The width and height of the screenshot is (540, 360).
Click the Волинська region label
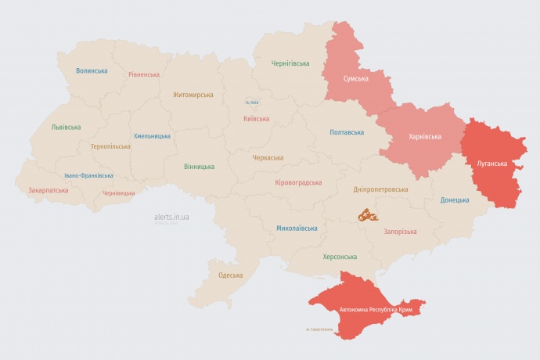(92, 70)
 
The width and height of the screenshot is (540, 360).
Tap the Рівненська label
(144, 74)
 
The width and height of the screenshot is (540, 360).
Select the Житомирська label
(193, 95)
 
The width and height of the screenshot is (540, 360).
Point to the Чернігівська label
(290, 63)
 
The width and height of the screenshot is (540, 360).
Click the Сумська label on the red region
(356, 78)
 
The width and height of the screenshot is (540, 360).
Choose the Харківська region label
(425, 136)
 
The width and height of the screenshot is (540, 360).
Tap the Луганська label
(491, 164)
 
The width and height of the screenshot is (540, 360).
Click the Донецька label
(455, 200)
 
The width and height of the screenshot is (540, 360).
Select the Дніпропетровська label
(381, 189)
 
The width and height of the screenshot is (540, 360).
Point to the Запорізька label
(400, 232)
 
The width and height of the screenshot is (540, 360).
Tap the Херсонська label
(340, 257)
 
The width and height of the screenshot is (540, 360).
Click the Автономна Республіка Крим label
(376, 310)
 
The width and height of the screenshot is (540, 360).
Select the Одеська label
(230, 275)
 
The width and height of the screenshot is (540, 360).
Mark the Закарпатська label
(48, 190)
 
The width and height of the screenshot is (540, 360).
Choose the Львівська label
(66, 127)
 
